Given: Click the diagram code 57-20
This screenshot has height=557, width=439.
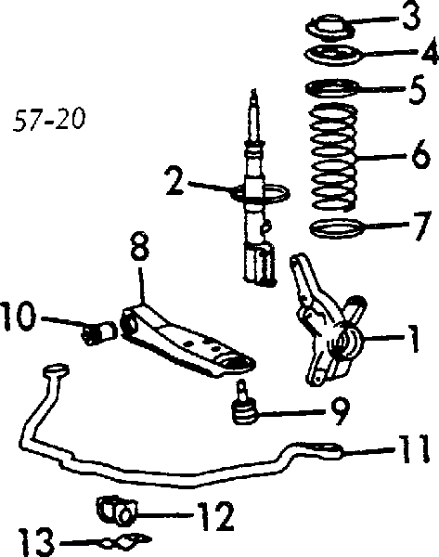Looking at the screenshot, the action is point(49,120).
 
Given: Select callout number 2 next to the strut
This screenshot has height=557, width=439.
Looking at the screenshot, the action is point(175,182).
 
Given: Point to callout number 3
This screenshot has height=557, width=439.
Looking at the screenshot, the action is point(411,16).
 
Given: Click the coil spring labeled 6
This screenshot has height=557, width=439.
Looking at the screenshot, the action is point(333,156).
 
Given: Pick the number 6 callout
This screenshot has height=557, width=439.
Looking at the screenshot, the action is point(420,153).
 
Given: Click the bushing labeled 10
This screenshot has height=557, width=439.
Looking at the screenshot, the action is point(99,332).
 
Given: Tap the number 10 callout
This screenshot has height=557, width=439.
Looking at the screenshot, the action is point(19,317).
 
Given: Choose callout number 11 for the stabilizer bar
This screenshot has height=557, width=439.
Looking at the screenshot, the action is point(413,449).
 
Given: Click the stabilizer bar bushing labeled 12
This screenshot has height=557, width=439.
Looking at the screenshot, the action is point(117,510).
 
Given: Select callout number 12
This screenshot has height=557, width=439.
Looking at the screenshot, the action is point(215,516).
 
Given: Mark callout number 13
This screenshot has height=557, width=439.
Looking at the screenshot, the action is point(36,542).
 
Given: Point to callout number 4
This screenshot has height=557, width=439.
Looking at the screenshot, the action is point(429,52).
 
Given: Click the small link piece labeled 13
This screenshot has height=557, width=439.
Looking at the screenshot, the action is point(125,540).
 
